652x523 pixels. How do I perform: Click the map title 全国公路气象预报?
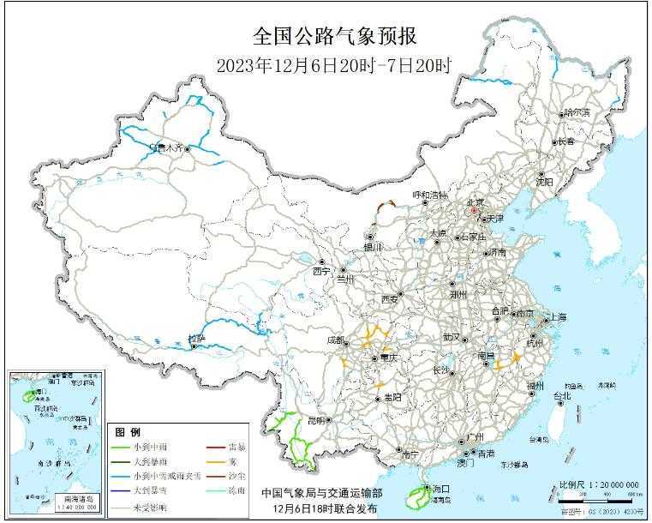click(334, 36)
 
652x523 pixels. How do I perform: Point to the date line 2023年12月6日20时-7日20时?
click(333, 64)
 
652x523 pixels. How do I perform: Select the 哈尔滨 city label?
click(576, 112)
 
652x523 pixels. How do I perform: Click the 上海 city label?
click(557, 316)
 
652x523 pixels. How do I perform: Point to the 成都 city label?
click(336, 340)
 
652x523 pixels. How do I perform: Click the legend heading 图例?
click(128, 431)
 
